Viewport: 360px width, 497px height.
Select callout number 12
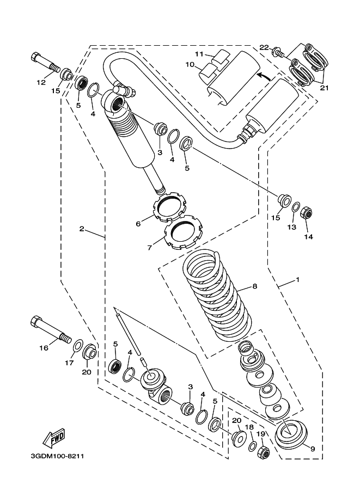(x=41, y=83)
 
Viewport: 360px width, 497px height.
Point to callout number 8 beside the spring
(x=254, y=286)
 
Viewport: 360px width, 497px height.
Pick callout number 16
(x=42, y=347)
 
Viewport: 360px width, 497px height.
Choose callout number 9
(x=313, y=449)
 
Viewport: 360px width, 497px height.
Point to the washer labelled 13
(x=295, y=208)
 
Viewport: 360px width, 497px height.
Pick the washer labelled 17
(x=78, y=346)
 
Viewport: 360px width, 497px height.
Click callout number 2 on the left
(x=81, y=229)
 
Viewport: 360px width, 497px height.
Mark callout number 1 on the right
(x=297, y=280)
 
